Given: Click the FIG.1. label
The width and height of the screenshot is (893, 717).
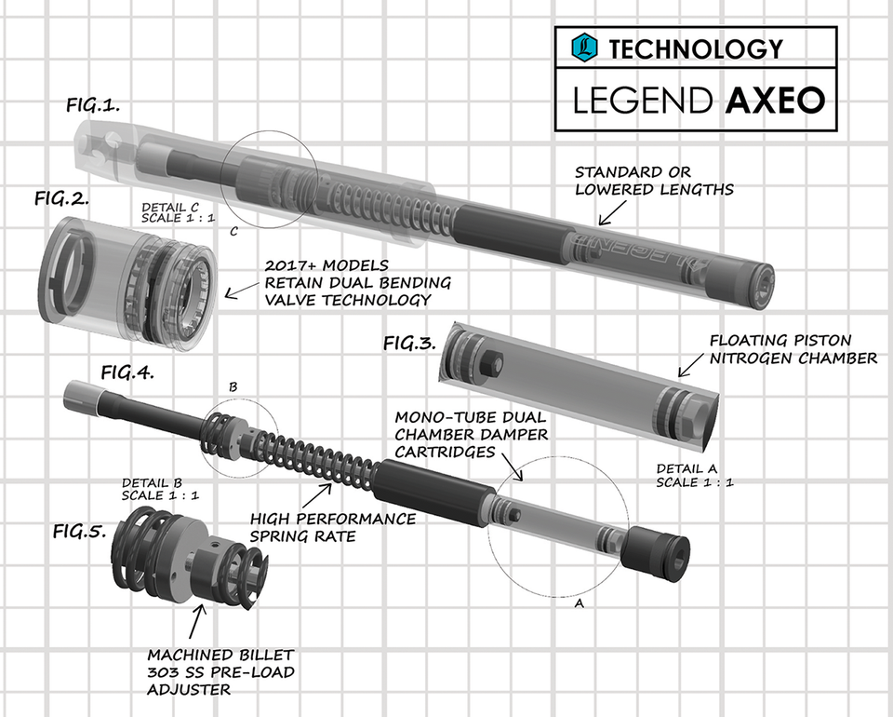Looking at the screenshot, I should pos(92,105).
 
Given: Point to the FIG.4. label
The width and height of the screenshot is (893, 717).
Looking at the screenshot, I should pos(127,372).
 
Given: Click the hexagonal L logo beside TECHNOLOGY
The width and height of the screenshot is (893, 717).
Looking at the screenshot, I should pos(583,47).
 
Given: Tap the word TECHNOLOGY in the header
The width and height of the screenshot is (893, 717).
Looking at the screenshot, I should pos(696,47).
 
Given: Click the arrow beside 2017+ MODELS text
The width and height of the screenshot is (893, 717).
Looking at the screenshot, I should pos(245,291).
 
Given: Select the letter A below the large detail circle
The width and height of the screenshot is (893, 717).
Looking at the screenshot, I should pos(580,603).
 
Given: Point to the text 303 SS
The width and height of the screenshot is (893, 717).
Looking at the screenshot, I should pos(181,671).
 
